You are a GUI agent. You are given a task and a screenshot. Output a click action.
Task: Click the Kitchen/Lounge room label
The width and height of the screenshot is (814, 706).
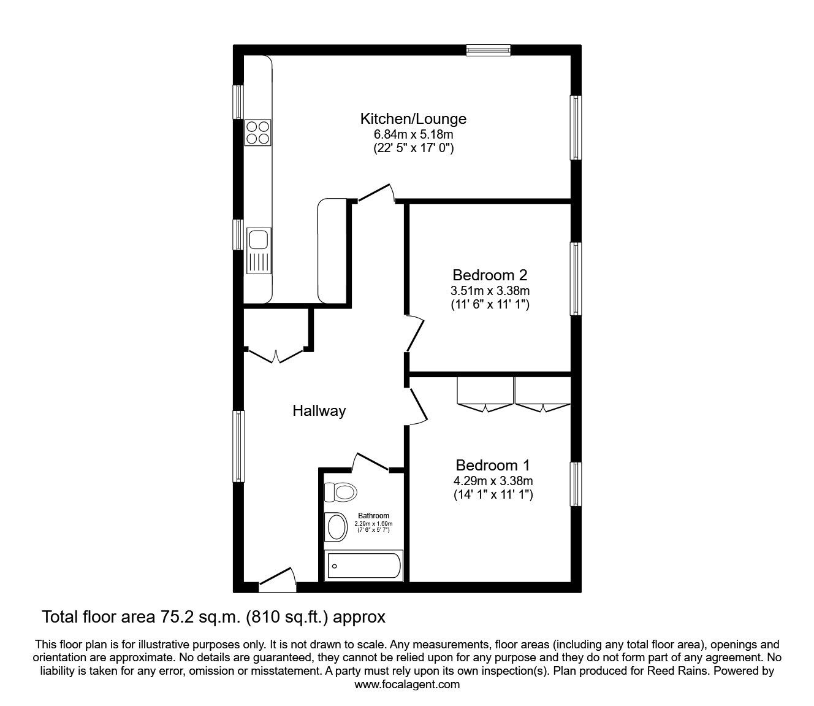point(413,118)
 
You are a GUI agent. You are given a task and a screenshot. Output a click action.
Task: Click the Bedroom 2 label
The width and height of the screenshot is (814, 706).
point(490,274)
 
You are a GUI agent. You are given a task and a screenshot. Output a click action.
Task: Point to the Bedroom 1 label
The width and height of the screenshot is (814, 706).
point(492,465)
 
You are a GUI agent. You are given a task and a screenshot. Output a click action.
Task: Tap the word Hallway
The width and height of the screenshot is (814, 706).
point(319,411)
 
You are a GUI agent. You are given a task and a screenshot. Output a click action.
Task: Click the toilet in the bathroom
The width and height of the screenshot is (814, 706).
point(341,491)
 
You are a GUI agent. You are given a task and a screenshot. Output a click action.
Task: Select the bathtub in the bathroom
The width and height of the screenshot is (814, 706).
point(363,565)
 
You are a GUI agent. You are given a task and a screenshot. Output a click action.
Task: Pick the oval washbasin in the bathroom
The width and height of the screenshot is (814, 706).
point(337,526)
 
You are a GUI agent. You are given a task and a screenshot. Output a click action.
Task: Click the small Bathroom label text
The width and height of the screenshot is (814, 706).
point(373,516)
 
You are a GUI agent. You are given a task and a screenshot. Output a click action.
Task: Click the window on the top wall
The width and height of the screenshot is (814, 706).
point(488,50)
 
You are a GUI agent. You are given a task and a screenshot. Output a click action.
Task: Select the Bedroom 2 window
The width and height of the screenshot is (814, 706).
point(576,279)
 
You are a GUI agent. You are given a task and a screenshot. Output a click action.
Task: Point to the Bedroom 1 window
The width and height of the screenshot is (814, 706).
point(576,485)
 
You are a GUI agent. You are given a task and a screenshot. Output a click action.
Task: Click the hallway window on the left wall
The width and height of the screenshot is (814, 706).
point(238,445)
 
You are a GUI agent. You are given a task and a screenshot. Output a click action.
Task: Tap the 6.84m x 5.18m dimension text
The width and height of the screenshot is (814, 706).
point(413,134)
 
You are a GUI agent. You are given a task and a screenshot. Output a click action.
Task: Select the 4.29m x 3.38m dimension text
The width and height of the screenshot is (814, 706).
point(493,480)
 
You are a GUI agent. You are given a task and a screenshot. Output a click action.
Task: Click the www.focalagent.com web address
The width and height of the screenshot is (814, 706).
point(407,684)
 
